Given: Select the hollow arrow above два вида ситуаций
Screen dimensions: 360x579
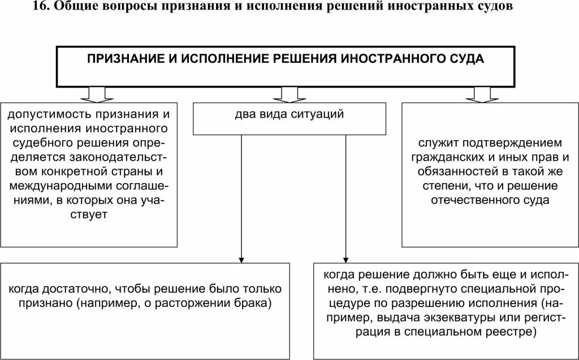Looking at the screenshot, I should (x=289, y=93).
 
